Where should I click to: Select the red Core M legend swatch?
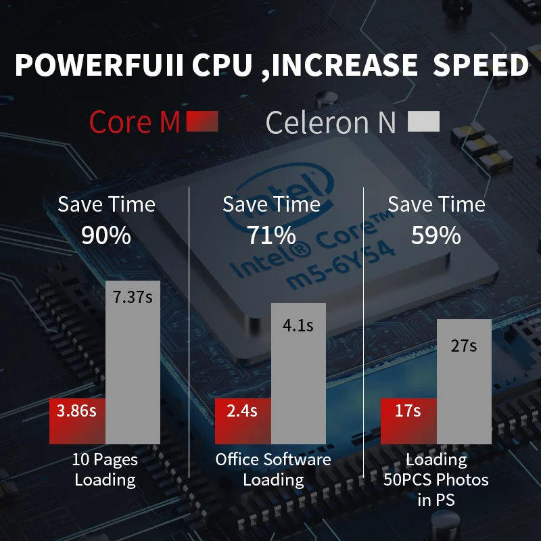pos(202,121)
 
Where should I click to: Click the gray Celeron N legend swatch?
pos(424,121)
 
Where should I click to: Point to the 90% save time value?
pos(106,235)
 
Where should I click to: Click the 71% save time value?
pos(272,235)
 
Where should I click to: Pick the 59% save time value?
pos(437,235)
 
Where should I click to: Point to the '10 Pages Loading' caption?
pos(105,470)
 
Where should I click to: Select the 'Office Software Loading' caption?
pos(273,470)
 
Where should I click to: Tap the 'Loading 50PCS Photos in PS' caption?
pos(437,480)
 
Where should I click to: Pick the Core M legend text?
pos(135,122)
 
